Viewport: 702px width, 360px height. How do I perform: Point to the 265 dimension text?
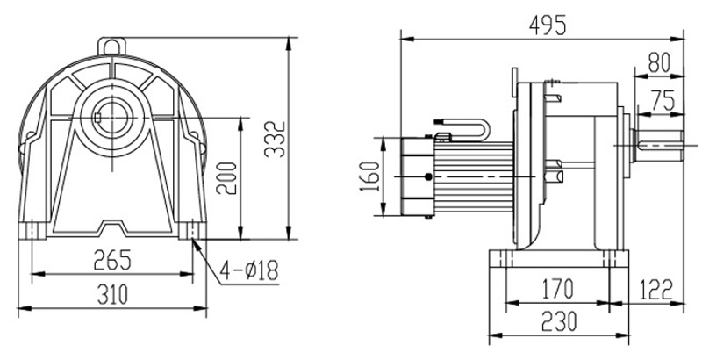(x=111, y=261)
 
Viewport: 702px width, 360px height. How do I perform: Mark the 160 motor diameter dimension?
(x=369, y=176)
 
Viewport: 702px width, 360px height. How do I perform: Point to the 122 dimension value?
(x=656, y=287)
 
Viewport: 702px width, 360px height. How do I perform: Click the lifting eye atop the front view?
(x=111, y=41)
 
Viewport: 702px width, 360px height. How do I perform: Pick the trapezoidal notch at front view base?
(x=111, y=229)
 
